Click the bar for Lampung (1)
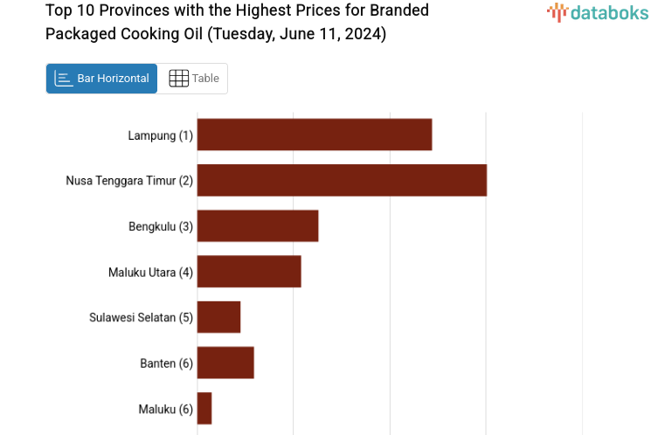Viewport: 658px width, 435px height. pos(315,135)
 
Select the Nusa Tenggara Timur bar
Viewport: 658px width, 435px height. pos(342,180)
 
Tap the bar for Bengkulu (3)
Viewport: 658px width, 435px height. pos(258,225)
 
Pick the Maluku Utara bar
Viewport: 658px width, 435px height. pos(249,271)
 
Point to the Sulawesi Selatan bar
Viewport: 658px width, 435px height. pos(218,316)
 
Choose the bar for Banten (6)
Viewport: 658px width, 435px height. pos(225,362)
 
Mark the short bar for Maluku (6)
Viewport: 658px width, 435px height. pos(204,408)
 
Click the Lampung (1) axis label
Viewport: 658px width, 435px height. pos(160,135)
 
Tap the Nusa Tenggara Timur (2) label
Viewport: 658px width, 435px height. pos(129,181)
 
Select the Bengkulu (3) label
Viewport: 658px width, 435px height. pos(161,226)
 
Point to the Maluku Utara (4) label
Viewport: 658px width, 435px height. pos(150,272)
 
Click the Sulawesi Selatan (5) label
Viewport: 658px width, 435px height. pos(141,317)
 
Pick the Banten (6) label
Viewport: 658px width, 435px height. pos(166,363)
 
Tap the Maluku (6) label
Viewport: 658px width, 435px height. pos(165,409)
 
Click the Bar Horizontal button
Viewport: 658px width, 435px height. pos(102,79)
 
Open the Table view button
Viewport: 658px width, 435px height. pos(193,79)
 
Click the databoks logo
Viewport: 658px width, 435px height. pos(598,12)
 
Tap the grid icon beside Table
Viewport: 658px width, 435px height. pos(178,79)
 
